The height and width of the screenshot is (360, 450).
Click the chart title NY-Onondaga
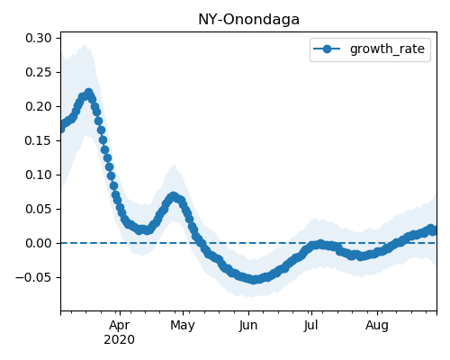pyautogui.click(x=248, y=20)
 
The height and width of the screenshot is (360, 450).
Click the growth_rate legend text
pyautogui.click(x=387, y=49)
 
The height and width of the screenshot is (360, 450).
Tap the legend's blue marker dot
pyautogui.click(x=327, y=49)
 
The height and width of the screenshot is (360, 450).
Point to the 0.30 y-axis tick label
pyautogui.click(x=39, y=38)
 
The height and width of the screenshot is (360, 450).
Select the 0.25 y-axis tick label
pyautogui.click(x=39, y=72)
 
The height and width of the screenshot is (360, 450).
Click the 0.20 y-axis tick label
pyautogui.click(x=39, y=106)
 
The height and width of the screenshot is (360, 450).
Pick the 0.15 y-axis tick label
pyautogui.click(x=39, y=140)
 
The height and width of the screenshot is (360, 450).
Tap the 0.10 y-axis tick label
pyautogui.click(x=39, y=175)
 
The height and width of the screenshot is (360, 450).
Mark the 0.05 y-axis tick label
pyautogui.click(x=39, y=209)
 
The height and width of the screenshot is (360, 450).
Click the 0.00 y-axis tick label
pyautogui.click(x=39, y=243)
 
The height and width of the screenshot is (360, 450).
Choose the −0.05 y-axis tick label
pyautogui.click(x=33, y=277)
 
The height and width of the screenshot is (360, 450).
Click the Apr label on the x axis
pyautogui.click(x=120, y=326)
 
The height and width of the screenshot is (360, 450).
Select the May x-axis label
pyautogui.click(x=183, y=326)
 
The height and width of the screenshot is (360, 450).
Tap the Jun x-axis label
pyautogui.click(x=248, y=326)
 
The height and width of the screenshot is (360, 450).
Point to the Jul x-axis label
pyautogui.click(x=310, y=326)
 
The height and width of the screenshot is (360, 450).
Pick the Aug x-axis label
pyautogui.click(x=377, y=326)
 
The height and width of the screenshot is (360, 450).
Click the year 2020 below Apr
pyautogui.click(x=120, y=340)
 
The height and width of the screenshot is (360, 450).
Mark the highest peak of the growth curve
pyautogui.click(x=88, y=93)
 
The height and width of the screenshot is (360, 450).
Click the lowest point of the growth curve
pyautogui.click(x=254, y=280)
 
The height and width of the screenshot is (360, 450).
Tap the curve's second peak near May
pyautogui.click(x=173, y=197)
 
